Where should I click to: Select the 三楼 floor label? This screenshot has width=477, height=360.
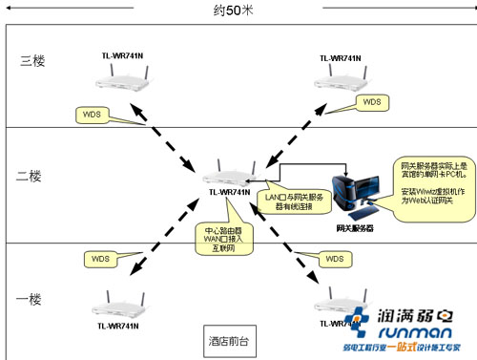(32, 61)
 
